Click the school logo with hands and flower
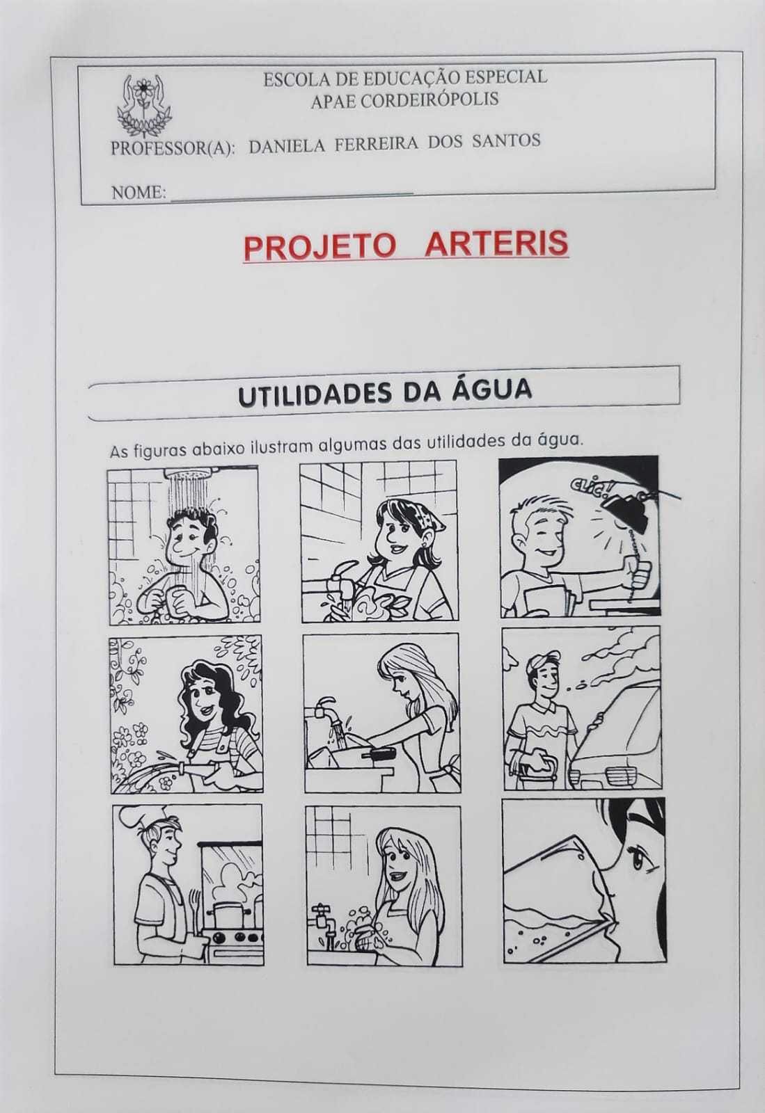(144, 105)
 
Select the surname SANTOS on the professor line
(507, 141)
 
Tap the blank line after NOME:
(292, 198)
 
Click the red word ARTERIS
(497, 244)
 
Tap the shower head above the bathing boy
(192, 470)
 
